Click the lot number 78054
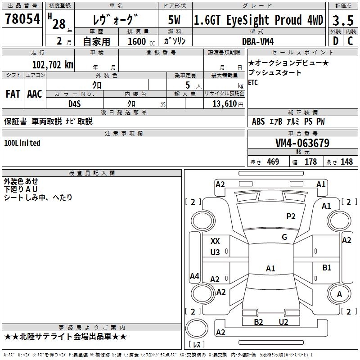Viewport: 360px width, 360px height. [x=22, y=19]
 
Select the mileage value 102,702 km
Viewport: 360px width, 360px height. [x=52, y=65]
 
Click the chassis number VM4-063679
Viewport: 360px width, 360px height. [x=302, y=143]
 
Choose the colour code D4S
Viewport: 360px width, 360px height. [x=75, y=103]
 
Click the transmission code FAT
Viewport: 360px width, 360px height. [x=13, y=94]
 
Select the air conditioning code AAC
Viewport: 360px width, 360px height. [x=34, y=94]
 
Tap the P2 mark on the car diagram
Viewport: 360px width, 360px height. [x=291, y=216]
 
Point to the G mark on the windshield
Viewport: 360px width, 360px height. [x=284, y=237]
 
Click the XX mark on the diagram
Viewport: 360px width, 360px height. [x=215, y=241]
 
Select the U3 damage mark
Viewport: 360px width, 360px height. [x=215, y=252]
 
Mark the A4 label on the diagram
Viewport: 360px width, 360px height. [x=194, y=276]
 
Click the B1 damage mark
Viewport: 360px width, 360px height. [x=327, y=268]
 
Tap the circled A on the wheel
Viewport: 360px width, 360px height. [x=340, y=294]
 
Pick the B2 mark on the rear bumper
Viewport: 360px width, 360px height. [x=258, y=322]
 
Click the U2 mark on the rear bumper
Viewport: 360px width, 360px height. [x=283, y=322]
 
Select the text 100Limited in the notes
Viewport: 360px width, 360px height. [x=22, y=143]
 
